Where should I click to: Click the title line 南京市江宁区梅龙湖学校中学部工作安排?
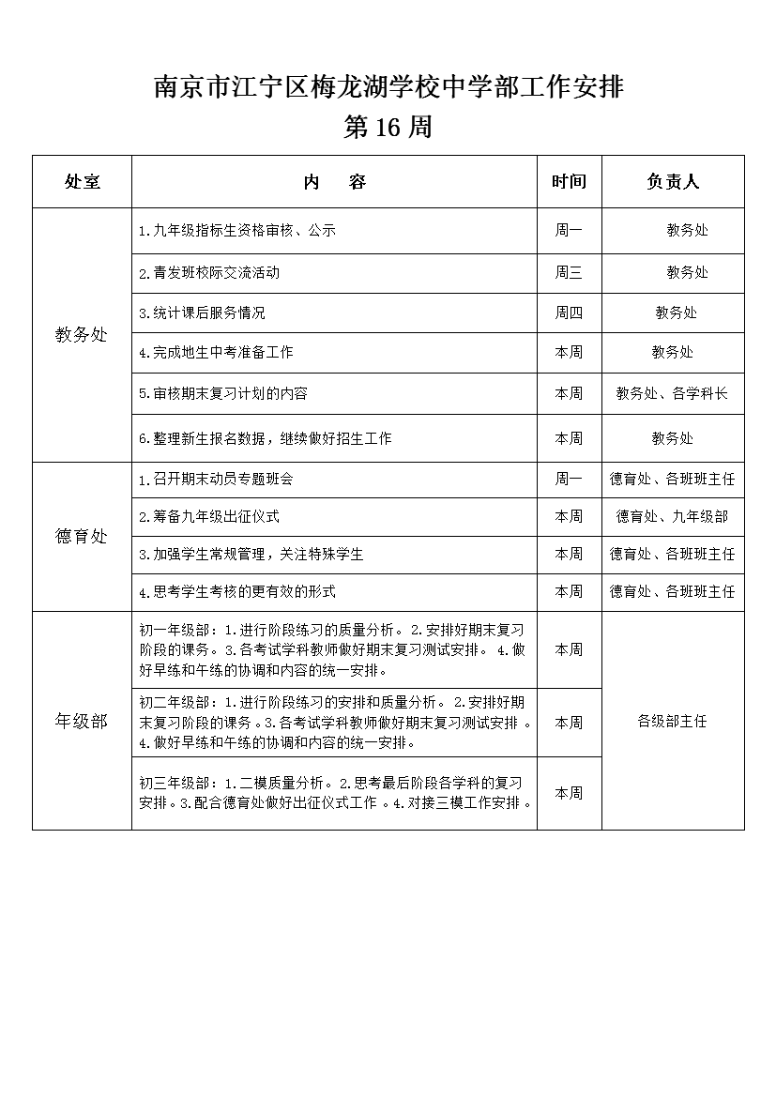click(x=388, y=88)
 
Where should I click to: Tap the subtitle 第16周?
click(x=388, y=128)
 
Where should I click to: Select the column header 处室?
click(x=83, y=182)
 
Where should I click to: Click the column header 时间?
click(x=569, y=182)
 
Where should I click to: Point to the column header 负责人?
click(x=673, y=182)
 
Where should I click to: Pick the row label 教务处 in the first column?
click(x=83, y=335)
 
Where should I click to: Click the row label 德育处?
click(x=83, y=537)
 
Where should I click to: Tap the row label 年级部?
click(x=83, y=721)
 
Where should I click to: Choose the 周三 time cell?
click(x=569, y=273)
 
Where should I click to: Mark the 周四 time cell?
click(x=569, y=313)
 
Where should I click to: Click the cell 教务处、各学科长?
click(x=672, y=394)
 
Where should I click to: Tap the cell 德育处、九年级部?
click(x=672, y=517)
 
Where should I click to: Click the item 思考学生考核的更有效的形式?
click(x=236, y=592)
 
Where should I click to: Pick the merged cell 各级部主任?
click(x=672, y=721)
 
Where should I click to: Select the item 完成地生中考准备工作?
click(x=216, y=353)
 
